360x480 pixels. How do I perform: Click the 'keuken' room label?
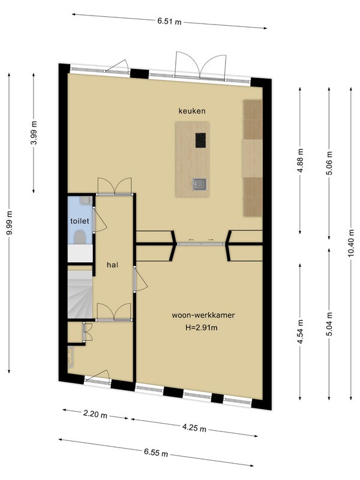[192, 111]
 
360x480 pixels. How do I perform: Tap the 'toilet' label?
[80, 221]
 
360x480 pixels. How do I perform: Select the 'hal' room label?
[112, 265]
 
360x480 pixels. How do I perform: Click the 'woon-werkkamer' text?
[203, 315]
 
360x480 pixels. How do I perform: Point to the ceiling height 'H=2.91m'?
[202, 328]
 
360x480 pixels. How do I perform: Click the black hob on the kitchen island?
[200, 140]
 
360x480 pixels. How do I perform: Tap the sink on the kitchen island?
[200, 184]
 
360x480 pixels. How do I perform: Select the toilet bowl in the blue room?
[80, 236]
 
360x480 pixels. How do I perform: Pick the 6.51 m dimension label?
[169, 22]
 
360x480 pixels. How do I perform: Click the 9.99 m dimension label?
[10, 223]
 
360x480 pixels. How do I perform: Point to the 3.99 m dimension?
[34, 133]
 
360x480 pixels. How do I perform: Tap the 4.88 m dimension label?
[301, 160]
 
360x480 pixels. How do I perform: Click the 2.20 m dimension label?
[95, 414]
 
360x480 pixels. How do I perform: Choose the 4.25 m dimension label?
[194, 427]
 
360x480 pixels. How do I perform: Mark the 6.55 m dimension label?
[156, 452]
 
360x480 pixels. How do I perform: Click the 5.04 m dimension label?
[329, 324]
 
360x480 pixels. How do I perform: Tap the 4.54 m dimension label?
[301, 332]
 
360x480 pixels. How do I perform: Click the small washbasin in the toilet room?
[85, 200]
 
